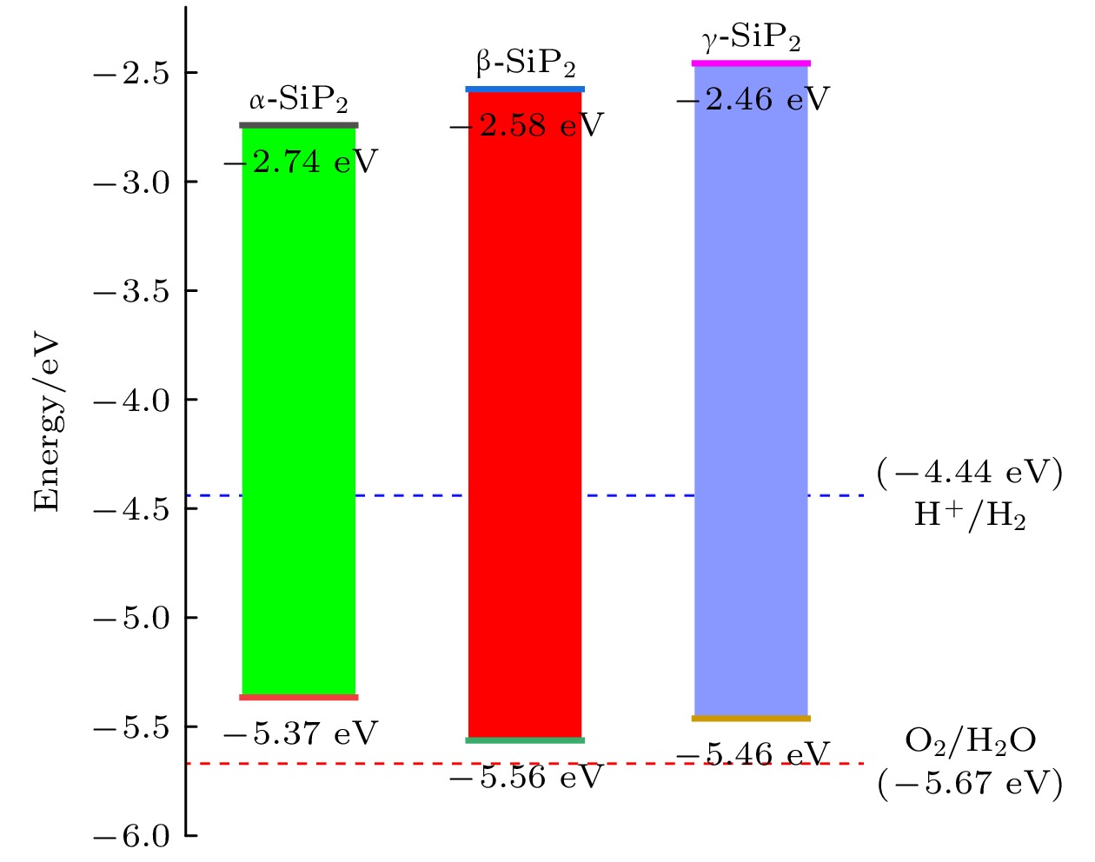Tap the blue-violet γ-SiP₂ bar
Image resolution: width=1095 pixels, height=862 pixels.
coord(751,391)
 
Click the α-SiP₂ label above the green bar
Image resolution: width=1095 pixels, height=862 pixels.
coord(298,102)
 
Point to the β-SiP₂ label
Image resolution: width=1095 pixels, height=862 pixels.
coord(525,64)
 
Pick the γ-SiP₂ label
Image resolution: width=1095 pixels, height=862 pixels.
coord(751,38)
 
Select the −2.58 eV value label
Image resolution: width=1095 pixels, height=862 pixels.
coord(527,127)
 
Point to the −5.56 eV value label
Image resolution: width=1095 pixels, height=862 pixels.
coord(527,778)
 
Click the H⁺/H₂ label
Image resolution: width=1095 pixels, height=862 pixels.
coord(970,516)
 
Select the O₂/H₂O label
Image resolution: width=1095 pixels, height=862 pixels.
coord(970,741)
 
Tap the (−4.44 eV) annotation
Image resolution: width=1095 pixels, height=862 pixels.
coord(970,474)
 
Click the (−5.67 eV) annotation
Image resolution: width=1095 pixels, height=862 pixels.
coord(970,784)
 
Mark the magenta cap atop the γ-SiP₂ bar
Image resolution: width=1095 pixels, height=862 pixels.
coord(751,63)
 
